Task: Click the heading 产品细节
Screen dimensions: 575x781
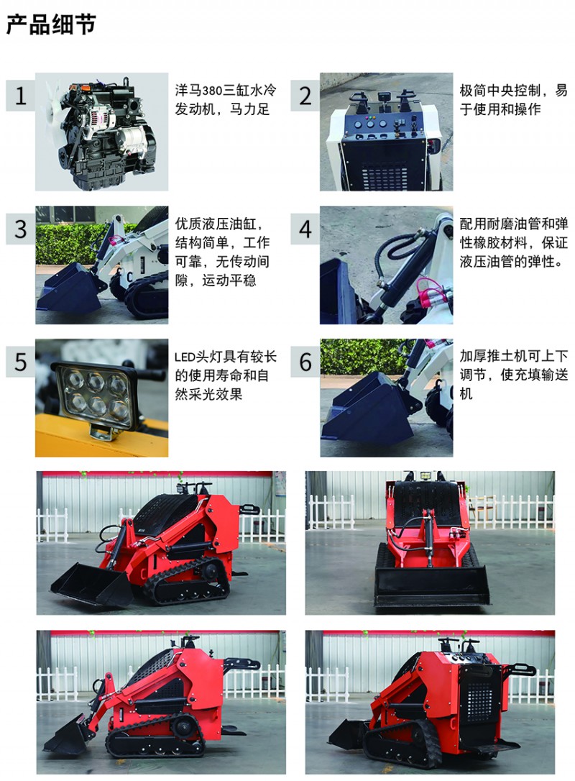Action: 51,24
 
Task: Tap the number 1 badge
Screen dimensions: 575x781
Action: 20,95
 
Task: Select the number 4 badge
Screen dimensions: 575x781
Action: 305,229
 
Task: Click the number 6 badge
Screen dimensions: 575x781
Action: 305,362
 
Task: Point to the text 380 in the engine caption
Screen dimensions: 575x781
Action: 213,90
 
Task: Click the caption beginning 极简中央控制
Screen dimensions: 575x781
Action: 513,99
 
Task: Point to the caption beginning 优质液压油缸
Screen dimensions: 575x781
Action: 223,252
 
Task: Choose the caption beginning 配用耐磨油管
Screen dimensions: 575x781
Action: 513,242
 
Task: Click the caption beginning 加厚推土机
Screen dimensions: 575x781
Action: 513,375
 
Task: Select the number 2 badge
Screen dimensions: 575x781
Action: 305,95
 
